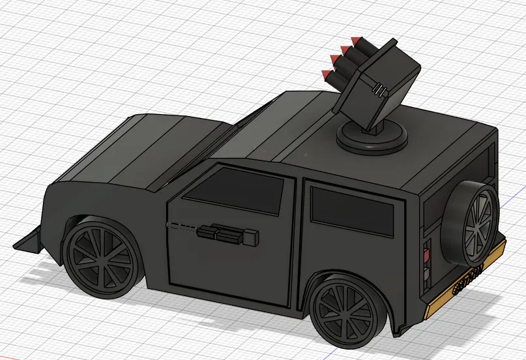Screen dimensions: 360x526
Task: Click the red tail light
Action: point(428,249)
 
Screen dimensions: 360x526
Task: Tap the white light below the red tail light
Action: point(428,265)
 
